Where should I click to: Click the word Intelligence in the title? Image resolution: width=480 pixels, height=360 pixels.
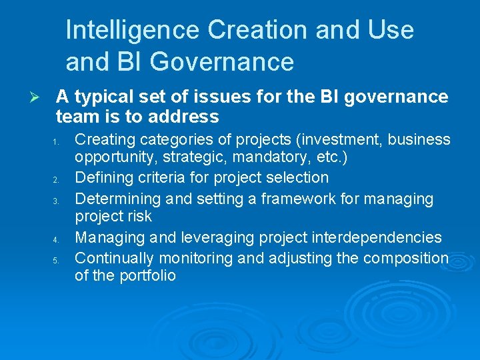click(133, 30)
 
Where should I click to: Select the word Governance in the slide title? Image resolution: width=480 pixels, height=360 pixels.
click(222, 62)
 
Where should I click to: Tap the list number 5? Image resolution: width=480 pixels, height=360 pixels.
click(57, 259)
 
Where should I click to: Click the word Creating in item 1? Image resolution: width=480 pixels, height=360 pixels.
click(103, 139)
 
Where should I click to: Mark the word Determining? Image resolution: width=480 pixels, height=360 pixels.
click(114, 198)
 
